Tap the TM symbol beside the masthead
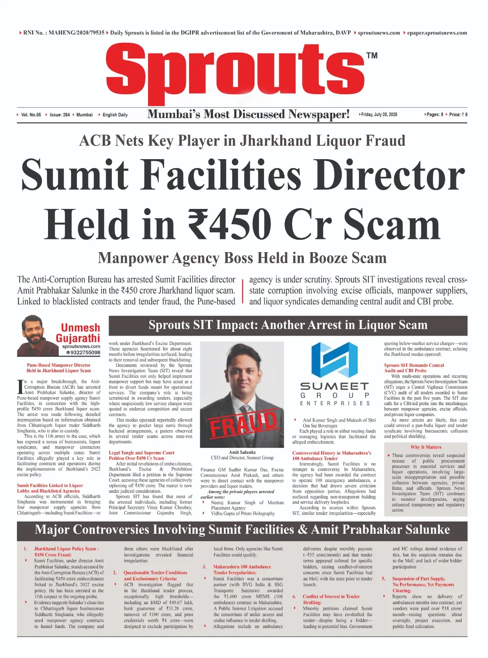click(x=372, y=56)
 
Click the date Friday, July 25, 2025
click(x=379, y=114)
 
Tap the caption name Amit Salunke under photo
click(x=242, y=452)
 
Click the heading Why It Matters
click(x=426, y=447)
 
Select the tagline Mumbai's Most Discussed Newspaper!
click(x=248, y=114)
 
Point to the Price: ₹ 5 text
click(x=458, y=115)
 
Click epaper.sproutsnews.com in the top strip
click(x=437, y=33)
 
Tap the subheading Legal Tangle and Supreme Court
click(x=141, y=453)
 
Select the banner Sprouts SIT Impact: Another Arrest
click(x=288, y=325)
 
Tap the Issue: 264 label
click(x=60, y=115)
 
